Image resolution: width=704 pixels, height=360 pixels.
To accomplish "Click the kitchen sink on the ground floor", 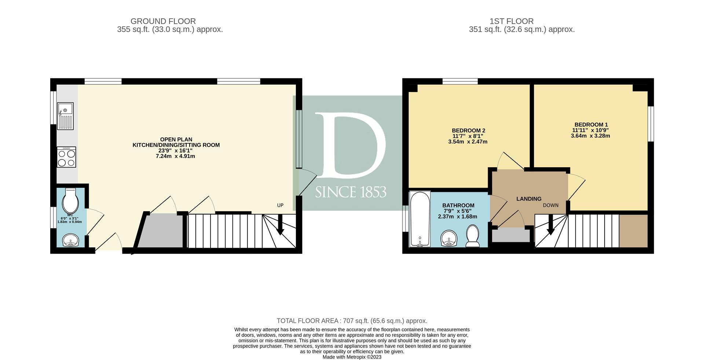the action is pos(66,116).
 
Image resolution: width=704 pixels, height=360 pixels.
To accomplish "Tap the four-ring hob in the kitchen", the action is pos(66,157).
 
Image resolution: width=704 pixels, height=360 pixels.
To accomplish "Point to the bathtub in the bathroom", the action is pos(420,219).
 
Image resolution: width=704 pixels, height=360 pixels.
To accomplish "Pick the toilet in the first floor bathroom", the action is pos(472,236).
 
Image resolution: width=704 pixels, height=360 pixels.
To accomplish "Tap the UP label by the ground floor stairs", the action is pos(280,205).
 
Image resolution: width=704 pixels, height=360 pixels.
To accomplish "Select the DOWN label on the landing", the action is pos(551,205).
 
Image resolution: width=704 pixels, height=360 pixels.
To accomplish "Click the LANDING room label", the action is pos(529,199).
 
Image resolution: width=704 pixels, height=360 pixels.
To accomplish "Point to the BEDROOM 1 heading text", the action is pos(591,125).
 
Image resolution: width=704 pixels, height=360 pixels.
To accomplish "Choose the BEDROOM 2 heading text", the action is pos(469,131).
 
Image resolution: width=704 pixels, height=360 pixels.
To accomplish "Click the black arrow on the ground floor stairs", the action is pos(280,224).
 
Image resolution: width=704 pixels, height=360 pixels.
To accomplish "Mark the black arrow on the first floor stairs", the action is pos(550,224).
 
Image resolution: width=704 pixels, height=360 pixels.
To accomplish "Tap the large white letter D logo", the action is pos(350,146).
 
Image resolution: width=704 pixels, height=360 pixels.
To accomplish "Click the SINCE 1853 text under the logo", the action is pos(351,192).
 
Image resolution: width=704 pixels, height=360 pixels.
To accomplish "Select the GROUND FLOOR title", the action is pos(163,21).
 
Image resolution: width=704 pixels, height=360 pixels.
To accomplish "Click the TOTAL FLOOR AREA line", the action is pos(352,321).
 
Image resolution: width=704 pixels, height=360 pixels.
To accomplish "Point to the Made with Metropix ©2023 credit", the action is pos(352,357).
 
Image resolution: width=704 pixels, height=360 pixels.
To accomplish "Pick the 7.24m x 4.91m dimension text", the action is pos(175,156).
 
